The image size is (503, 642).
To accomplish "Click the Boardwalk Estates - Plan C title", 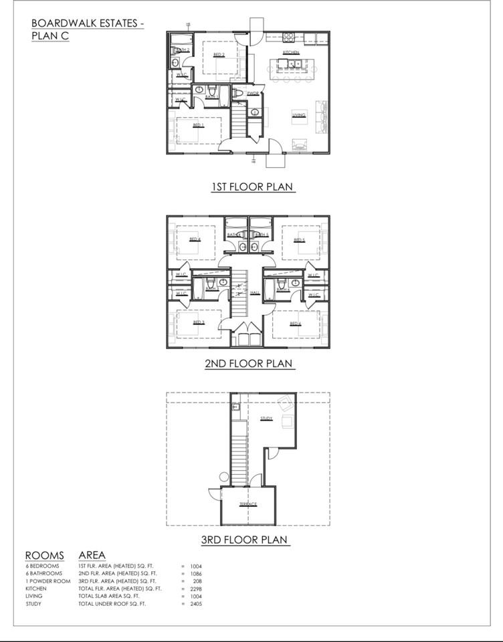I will [87, 29].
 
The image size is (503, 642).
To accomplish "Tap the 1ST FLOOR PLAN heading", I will [253, 187].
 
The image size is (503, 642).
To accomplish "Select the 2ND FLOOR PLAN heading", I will [249, 364].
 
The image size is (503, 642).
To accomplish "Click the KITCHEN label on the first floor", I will [290, 52].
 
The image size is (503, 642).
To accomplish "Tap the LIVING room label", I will [298, 115].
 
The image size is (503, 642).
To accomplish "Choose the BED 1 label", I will [198, 125].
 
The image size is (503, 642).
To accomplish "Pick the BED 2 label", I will [219, 55].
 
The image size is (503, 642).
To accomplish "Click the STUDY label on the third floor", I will [266, 419].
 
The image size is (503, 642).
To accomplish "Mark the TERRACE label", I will [247, 504].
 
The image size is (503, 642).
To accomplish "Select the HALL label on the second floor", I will [255, 292].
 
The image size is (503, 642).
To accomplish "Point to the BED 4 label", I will [195, 239].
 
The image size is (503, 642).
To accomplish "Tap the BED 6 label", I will [295, 323].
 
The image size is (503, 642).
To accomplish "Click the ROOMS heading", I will [45, 555].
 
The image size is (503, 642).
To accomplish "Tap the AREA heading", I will [92, 555].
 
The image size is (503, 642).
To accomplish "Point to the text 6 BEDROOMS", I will [43, 566].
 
